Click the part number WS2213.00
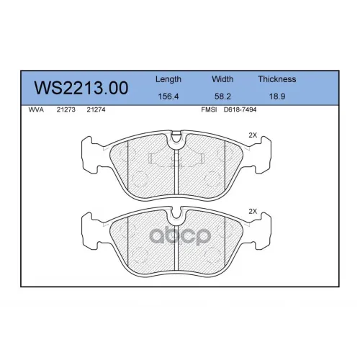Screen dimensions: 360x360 point(81,88)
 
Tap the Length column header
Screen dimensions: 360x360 point(168,79)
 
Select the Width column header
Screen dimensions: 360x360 point(222,79)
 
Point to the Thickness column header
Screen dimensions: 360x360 point(277,79)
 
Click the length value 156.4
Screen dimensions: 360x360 point(168,96)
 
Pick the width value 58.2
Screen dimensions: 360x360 point(222,96)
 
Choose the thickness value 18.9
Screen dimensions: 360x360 point(277,96)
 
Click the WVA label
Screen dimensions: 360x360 point(36,109)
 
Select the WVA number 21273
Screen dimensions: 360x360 point(66,109)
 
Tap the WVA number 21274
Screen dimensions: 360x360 point(96,109)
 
